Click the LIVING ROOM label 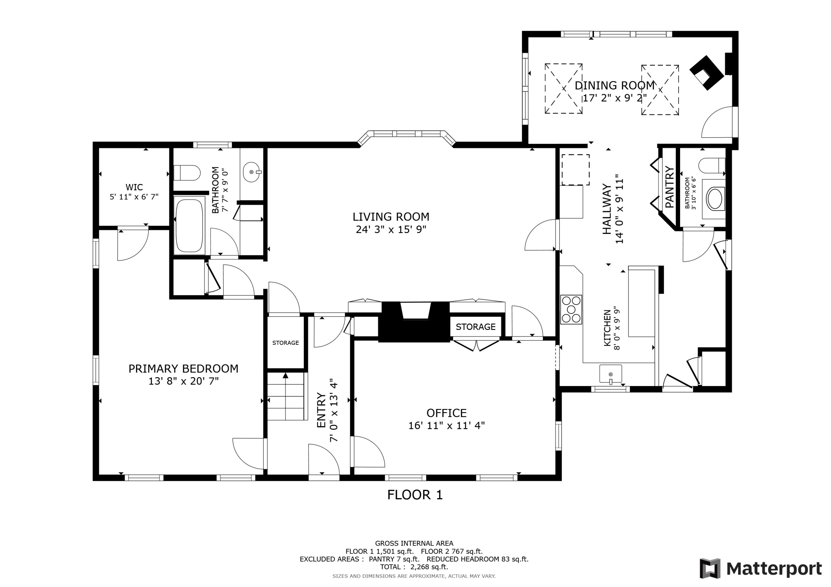pyautogui.click(x=391, y=217)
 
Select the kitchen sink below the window pyautogui.click(x=610, y=374)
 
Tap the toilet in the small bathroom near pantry pyautogui.click(x=712, y=166)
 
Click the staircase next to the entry pyautogui.click(x=286, y=398)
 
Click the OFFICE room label pyautogui.click(x=446, y=413)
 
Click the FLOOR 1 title pyautogui.click(x=415, y=495)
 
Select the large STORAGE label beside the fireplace pyautogui.click(x=475, y=327)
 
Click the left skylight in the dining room pyautogui.click(x=563, y=89)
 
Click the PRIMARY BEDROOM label pyautogui.click(x=183, y=369)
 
